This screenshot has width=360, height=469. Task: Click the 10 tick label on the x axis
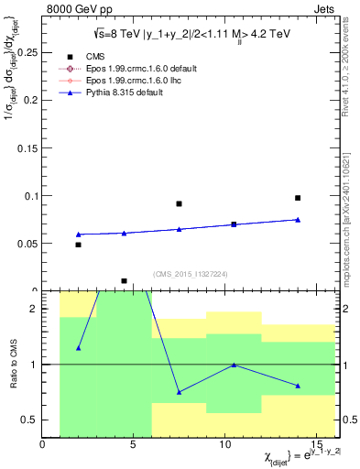(x=225, y=445)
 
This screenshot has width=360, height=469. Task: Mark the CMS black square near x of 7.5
(x=180, y=204)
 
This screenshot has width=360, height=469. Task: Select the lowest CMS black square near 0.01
(x=125, y=281)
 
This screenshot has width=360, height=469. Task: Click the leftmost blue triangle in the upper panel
(x=79, y=234)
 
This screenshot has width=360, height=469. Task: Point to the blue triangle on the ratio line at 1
(x=235, y=365)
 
